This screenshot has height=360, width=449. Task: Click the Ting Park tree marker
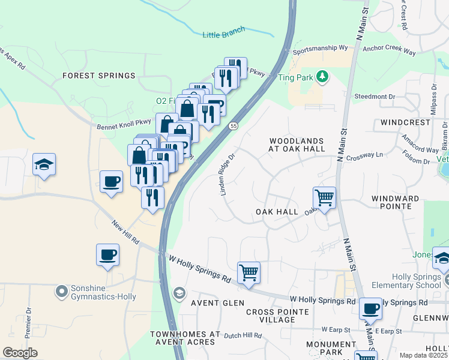click(x=323, y=76)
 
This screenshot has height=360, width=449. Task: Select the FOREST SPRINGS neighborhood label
click(x=99, y=76)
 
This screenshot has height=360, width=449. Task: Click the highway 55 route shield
click(x=234, y=125)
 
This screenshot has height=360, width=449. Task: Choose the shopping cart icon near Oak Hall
click(x=324, y=197)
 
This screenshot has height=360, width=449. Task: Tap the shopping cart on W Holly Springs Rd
click(x=249, y=272)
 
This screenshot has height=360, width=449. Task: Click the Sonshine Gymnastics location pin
click(x=61, y=292)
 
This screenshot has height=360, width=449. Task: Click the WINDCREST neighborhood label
click(x=405, y=122)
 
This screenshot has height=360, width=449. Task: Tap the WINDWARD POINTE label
click(x=399, y=202)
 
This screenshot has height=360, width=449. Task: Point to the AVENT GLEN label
click(x=209, y=303)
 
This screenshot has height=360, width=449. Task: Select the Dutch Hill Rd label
click(x=244, y=336)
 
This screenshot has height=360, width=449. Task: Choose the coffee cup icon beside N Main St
click(x=370, y=309)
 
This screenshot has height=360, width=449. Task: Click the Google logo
click(x=20, y=353)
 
